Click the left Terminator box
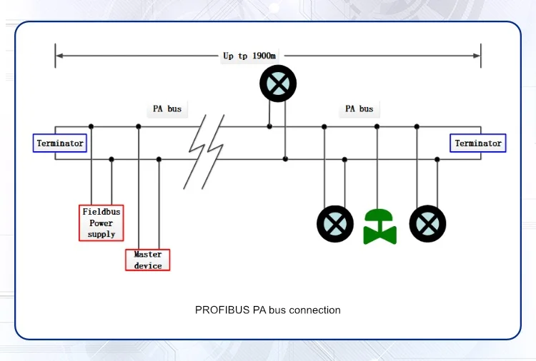(60, 143)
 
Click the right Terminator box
(478, 143)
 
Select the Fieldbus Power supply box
(101, 223)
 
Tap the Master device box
(148, 260)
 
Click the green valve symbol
(380, 226)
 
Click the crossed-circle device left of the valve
(335, 223)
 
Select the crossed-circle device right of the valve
(427, 223)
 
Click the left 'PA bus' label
(167, 109)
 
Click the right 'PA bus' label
(359, 109)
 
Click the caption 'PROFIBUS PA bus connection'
(268, 310)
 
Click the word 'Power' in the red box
(101, 223)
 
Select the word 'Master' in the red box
(148, 255)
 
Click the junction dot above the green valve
(377, 126)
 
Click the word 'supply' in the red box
(101, 234)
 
